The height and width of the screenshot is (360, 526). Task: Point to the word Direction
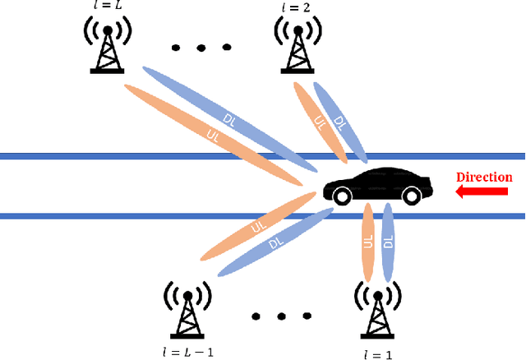[484, 177]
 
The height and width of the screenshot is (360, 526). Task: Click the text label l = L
[108, 7]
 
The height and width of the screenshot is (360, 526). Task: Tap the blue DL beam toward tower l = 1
[389, 242]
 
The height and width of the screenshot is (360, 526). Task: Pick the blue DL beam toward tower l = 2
[339, 119]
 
